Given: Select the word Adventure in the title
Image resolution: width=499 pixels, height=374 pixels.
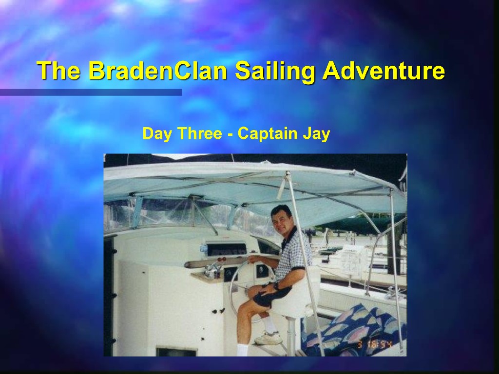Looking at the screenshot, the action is point(384,70).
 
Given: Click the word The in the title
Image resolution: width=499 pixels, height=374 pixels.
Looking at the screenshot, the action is point(58,70).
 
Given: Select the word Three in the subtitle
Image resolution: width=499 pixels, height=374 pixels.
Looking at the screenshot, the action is point(200,133).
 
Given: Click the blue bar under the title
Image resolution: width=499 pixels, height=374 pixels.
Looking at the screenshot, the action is point(91,92).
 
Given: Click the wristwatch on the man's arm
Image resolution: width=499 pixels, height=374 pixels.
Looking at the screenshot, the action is point(276,286).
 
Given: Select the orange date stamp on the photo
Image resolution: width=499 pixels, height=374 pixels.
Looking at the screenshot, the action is point(375,344).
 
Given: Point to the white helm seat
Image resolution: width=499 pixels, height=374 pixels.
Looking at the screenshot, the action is point(298,293).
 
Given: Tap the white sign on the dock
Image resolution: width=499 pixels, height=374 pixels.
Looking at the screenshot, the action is point(352,261).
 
